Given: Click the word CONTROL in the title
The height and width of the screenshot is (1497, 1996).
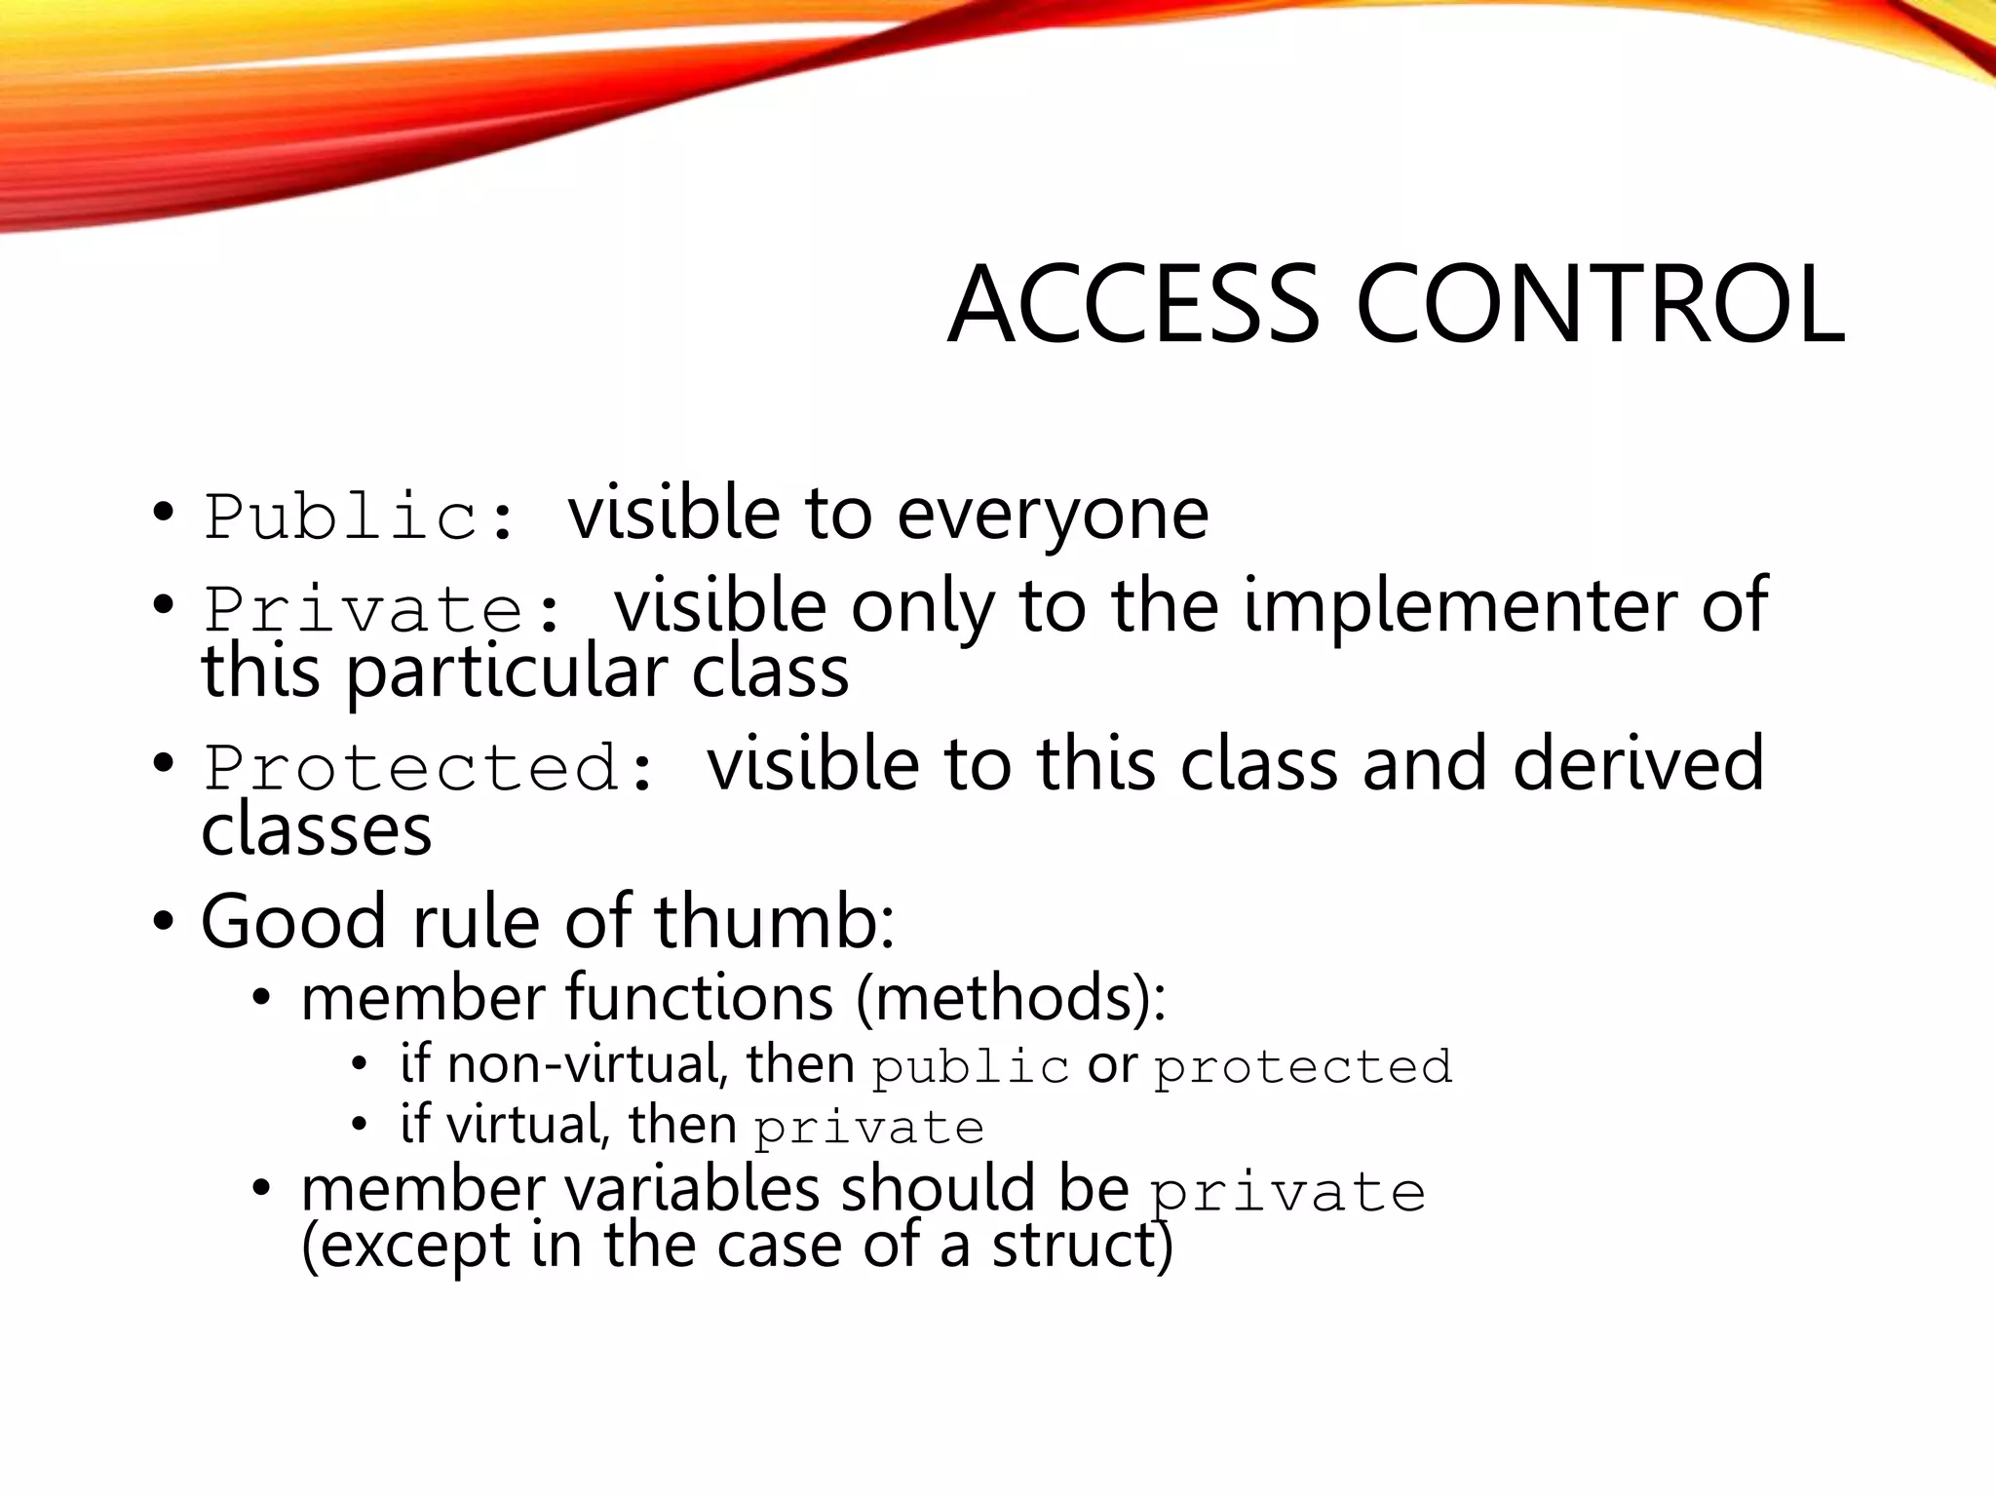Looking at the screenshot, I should (1599, 305).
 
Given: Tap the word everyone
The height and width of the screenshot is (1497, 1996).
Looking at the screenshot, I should (1053, 515).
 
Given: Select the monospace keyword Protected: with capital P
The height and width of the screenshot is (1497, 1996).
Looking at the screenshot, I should (429, 768).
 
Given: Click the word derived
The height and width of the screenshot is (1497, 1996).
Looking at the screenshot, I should (1637, 764).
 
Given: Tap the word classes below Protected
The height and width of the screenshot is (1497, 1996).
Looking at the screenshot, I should (316, 830).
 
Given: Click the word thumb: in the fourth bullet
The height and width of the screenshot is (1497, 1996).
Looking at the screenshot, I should (774, 922).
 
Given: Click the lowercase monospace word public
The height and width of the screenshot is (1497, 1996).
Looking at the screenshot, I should (971, 1068).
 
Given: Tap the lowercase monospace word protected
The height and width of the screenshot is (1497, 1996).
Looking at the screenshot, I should (1303, 1068).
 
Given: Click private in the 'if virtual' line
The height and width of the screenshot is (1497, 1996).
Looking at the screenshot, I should (868, 1130).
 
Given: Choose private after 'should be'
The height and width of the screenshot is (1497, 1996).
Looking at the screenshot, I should (1287, 1194).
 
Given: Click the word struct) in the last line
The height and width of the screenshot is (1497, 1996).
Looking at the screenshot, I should (1082, 1247).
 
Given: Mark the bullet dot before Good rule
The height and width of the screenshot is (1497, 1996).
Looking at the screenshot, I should (163, 921).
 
